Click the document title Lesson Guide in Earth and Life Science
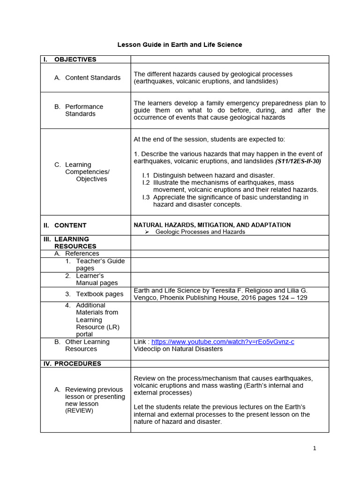[180, 45]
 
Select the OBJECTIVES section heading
[75, 60]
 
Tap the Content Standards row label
[93, 78]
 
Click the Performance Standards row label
[84, 110]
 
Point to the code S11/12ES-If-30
[298, 161]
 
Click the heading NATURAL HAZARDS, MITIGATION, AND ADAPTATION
[212, 225]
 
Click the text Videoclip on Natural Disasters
[178, 349]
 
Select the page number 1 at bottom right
[315, 448]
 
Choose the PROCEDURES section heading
[78, 364]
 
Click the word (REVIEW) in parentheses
[79, 411]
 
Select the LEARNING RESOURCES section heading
[75, 243]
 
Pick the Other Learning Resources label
[87, 345]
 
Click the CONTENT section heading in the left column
[70, 225]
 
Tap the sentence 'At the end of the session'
[209, 139]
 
